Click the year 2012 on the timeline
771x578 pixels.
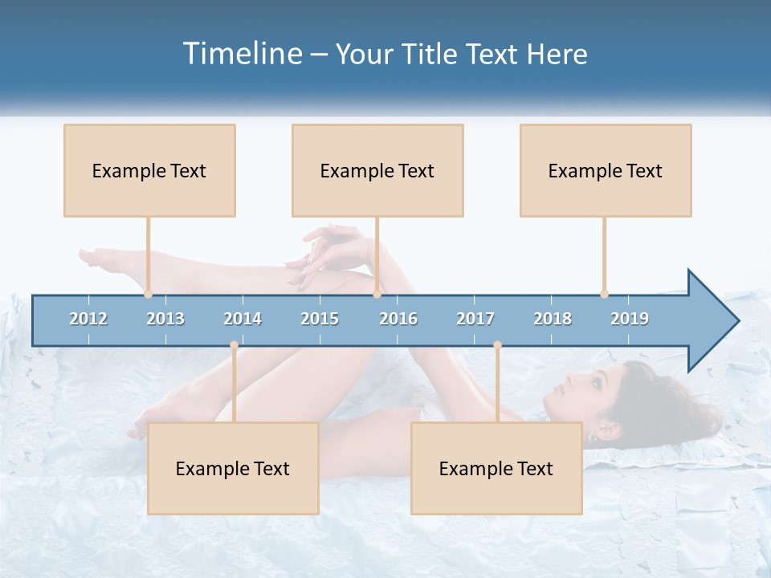[x=88, y=319]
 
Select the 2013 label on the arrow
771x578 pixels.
[x=165, y=319]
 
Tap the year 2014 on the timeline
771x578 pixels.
[x=243, y=319]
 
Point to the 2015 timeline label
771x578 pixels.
[x=320, y=319]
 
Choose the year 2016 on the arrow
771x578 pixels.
[x=398, y=319]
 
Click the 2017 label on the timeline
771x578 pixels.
[x=475, y=319]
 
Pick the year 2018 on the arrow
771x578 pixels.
[x=553, y=319]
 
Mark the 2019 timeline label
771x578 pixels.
[x=630, y=319]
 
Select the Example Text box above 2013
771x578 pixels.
[x=149, y=171]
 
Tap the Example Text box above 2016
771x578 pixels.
[x=377, y=171]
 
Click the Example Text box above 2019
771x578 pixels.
[x=606, y=171]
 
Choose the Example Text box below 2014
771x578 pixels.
[x=233, y=469]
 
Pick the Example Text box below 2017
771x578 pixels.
[x=496, y=469]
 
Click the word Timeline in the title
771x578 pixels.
[x=242, y=54]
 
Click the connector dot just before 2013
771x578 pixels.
[x=149, y=294]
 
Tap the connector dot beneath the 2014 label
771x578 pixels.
[x=234, y=345]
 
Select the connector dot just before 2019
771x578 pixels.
[x=604, y=294]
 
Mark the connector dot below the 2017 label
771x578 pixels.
[x=497, y=345]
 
